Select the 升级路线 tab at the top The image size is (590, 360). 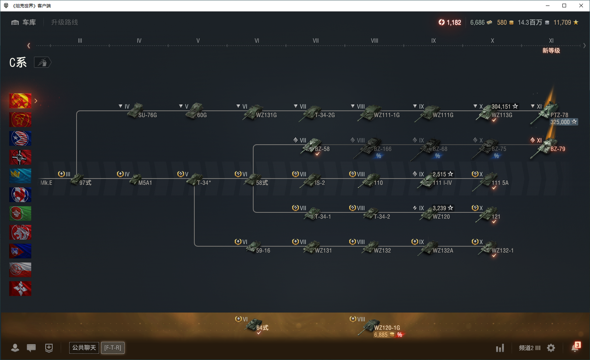point(64,22)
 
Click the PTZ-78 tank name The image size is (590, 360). point(559,115)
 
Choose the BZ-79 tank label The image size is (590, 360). point(558,149)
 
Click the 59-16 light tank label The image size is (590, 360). point(263,250)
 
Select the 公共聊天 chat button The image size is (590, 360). point(84,347)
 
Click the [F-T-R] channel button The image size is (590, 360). point(113,347)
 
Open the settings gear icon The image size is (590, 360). point(551,348)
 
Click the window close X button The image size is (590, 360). point(581,6)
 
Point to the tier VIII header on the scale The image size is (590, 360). point(374,40)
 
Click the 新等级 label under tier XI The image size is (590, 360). point(551,50)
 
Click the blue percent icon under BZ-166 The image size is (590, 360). point(378,156)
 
